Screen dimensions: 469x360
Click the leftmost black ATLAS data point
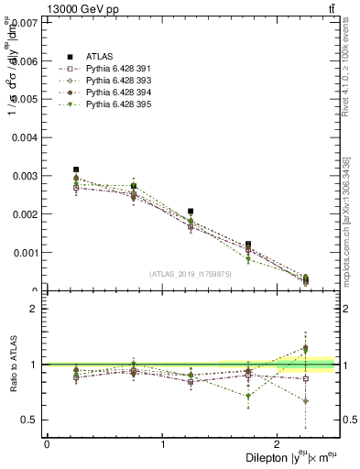pos(76,169)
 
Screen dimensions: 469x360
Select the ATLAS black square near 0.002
pos(191,212)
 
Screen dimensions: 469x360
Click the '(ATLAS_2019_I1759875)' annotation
pos(191,274)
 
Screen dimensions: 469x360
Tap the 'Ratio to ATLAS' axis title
pos(11,365)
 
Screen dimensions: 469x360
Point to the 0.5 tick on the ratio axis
pos(30,420)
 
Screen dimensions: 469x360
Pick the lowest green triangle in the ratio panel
pos(248,397)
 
